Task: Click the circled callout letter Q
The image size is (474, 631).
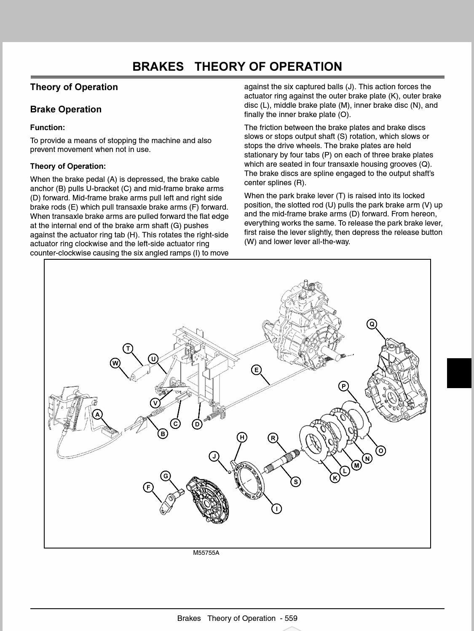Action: (x=372, y=324)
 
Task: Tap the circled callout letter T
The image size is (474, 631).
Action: (x=128, y=349)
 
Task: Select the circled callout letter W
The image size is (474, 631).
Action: (x=115, y=363)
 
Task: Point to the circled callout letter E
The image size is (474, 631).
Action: (x=256, y=370)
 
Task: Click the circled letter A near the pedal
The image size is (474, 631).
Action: (x=98, y=415)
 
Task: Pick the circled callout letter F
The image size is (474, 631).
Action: (x=148, y=487)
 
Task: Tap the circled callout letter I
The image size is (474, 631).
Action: (x=276, y=509)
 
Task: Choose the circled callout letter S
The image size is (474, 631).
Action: (x=296, y=482)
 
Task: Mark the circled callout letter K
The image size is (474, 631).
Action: (x=335, y=478)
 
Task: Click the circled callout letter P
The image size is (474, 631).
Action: (x=344, y=386)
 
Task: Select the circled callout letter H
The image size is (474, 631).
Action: (x=242, y=437)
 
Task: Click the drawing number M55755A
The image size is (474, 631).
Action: (x=206, y=553)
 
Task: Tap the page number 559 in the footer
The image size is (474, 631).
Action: (x=291, y=618)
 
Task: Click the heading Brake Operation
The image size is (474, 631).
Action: (x=66, y=109)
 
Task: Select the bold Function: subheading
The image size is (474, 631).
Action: (x=48, y=128)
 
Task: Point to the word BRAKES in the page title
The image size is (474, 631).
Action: (x=158, y=67)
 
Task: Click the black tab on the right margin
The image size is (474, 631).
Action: (x=459, y=373)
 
